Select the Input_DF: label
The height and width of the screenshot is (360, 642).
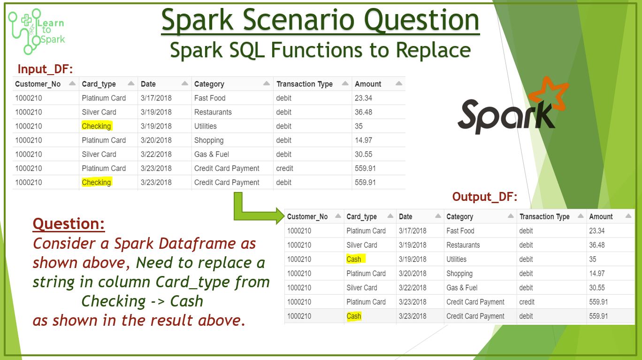[x=45, y=69]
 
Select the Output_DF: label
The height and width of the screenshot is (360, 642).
[x=484, y=197]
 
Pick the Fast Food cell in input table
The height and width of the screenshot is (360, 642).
[x=210, y=98]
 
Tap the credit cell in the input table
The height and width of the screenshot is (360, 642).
[x=284, y=169]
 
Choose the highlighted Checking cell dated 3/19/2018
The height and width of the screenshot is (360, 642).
[x=96, y=126]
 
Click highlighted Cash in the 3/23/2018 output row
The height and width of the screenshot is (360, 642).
[x=354, y=316]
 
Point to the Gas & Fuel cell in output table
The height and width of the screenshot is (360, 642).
[x=462, y=288]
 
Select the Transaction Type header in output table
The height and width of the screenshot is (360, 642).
[x=544, y=217]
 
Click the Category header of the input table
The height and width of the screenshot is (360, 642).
[x=209, y=84]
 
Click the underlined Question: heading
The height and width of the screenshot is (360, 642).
[x=69, y=223]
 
